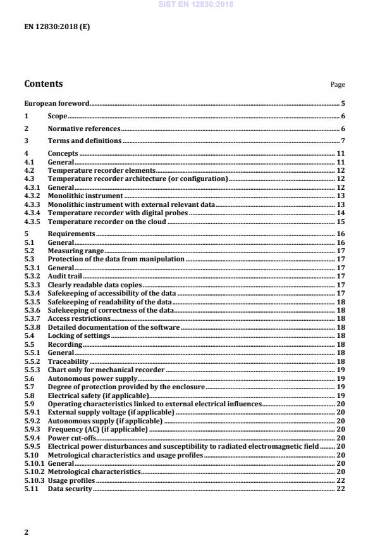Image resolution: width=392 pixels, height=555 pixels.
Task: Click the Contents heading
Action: (x=43, y=84)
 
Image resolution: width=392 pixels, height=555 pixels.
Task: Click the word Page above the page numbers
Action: (x=338, y=85)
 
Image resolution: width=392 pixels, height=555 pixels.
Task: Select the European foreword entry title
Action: (x=56, y=103)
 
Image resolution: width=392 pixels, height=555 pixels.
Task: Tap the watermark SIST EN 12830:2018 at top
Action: (x=196, y=4)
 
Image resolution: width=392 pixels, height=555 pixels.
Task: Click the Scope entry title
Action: (x=58, y=116)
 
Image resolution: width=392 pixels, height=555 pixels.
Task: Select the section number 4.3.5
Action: (x=32, y=221)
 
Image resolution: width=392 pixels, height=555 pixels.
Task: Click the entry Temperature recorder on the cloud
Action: (x=107, y=221)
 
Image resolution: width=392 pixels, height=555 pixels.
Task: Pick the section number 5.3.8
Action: (x=32, y=328)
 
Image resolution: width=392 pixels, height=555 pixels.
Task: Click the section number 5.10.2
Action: (x=34, y=471)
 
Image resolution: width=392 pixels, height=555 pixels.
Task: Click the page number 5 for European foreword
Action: (x=342, y=103)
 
